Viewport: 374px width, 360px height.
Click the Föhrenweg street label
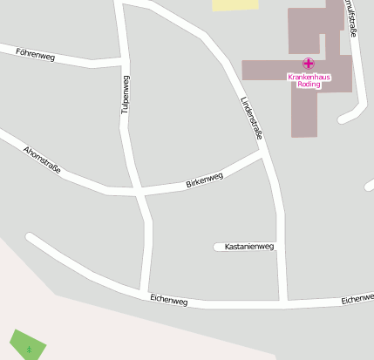[36, 55]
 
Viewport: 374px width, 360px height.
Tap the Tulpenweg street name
[126, 96]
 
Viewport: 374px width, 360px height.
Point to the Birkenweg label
[204, 180]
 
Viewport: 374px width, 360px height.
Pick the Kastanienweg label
[249, 247]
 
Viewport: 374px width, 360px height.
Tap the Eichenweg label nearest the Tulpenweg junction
[168, 299]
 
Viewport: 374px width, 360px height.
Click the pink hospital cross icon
[309, 64]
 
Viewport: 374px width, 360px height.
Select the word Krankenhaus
[309, 77]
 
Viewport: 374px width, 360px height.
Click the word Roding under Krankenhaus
[309, 85]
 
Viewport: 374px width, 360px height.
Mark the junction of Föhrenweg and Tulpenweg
[120, 62]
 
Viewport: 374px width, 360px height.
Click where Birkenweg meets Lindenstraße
[262, 154]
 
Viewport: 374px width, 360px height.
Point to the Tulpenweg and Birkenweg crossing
[139, 190]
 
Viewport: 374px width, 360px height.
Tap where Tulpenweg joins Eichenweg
[144, 292]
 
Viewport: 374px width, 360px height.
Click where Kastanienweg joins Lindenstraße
[281, 247]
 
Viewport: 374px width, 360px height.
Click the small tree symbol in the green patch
[29, 349]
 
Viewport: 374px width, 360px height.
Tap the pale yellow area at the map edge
[235, 4]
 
